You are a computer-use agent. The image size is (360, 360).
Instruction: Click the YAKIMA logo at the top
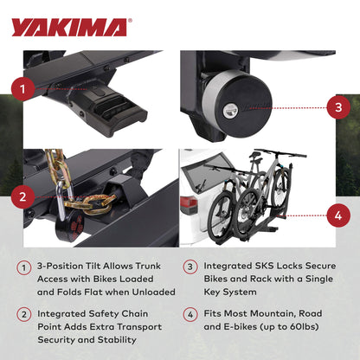[69, 27]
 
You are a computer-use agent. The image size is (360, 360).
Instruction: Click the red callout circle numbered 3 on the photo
[336, 109]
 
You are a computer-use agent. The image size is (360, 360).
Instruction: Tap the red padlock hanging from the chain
[67, 228]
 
